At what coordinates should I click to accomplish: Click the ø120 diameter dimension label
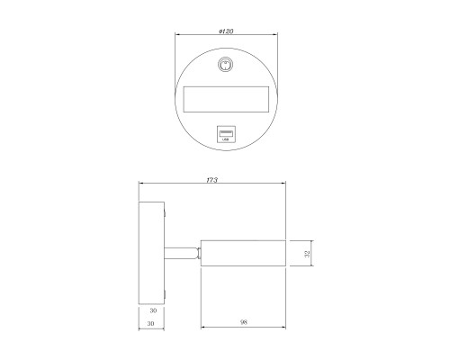[x=226, y=31]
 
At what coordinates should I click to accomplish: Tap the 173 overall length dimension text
[x=211, y=180]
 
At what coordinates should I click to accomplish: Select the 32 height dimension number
[x=307, y=254]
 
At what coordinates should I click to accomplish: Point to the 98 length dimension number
[x=244, y=322]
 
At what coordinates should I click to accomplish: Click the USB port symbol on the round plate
[x=226, y=134]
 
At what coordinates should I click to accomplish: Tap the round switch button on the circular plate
[x=225, y=65]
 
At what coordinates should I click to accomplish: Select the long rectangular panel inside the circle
[x=226, y=99]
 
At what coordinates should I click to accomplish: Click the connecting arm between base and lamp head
[x=182, y=253]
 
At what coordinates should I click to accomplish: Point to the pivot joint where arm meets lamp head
[x=199, y=253]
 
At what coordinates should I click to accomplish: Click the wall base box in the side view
[x=151, y=253]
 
